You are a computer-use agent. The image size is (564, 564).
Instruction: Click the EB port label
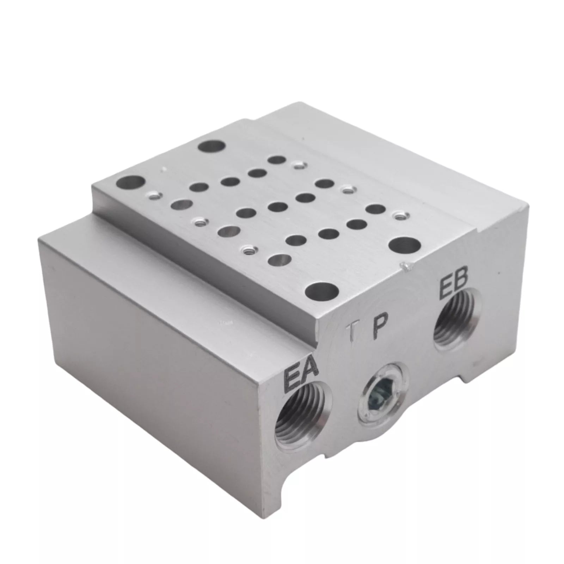tap(454, 284)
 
